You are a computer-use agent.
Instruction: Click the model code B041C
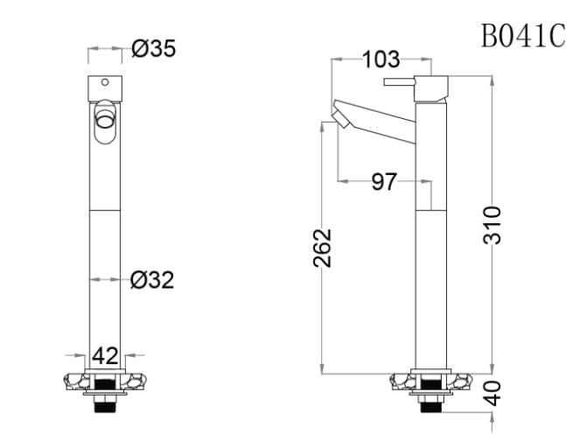[x=522, y=36]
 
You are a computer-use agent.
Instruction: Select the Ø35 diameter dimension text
[x=153, y=49]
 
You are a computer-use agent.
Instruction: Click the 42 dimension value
[x=105, y=356]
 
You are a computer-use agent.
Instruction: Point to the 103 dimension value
[x=381, y=59]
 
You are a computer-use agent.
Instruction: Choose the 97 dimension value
[x=384, y=182]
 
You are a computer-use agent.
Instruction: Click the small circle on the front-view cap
[x=105, y=83]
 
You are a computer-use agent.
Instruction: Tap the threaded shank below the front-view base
[x=105, y=402]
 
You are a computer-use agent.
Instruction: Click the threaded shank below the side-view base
[x=431, y=403]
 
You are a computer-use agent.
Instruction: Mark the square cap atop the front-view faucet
[x=105, y=87]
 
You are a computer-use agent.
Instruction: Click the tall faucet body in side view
[x=431, y=236]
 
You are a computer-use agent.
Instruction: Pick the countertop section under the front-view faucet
[x=105, y=381]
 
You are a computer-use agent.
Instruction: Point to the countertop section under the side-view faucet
[x=431, y=381]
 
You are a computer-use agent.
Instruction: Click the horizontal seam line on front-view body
[x=105, y=212]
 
